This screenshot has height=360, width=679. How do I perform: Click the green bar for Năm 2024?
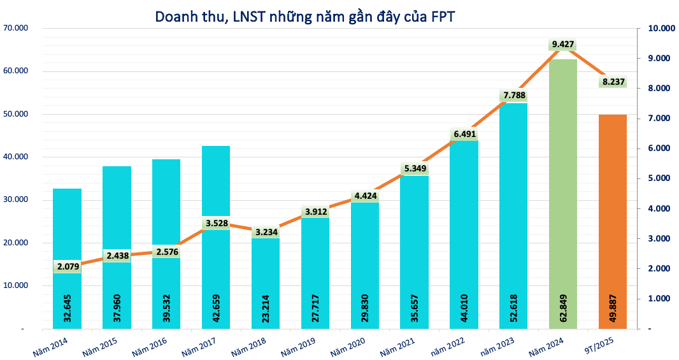tap(562, 191)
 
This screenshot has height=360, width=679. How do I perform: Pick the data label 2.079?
tap(67, 266)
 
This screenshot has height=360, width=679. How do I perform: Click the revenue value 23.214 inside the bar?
tap(265, 305)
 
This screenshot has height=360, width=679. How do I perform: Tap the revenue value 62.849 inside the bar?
tap(562, 305)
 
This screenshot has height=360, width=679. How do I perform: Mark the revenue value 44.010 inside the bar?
tap(464, 305)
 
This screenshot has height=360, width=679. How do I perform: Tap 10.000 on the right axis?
tap(660, 29)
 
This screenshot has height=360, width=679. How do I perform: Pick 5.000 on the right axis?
tap(658, 178)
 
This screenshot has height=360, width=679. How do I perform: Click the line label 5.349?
tap(414, 169)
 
